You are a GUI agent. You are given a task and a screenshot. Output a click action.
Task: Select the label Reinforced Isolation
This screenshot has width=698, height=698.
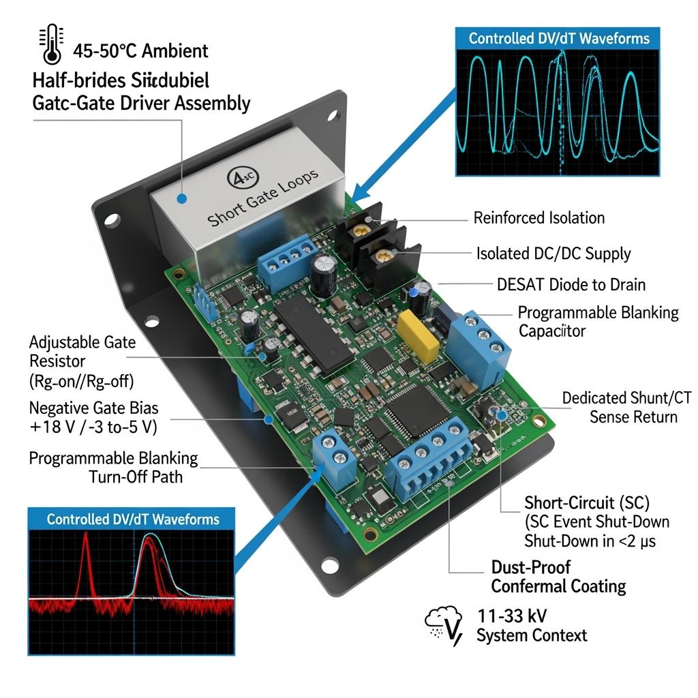[538, 218]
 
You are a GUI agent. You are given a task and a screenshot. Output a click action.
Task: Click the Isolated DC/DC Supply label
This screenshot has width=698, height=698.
[553, 254]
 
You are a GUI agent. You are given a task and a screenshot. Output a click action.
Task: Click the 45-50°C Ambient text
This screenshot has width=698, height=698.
[140, 51]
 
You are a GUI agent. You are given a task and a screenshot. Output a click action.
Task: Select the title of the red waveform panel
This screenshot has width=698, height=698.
[133, 519]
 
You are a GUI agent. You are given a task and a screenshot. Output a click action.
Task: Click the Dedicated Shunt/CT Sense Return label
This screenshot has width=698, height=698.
[626, 407]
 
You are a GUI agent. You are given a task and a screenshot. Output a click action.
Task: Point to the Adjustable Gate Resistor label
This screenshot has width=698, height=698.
[82, 352]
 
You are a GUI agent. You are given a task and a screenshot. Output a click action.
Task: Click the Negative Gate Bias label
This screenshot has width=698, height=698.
[93, 408]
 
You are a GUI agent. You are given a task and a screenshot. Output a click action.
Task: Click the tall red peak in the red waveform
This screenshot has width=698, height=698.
[87, 559]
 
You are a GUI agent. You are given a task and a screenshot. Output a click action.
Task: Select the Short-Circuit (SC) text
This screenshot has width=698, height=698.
[586, 503]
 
